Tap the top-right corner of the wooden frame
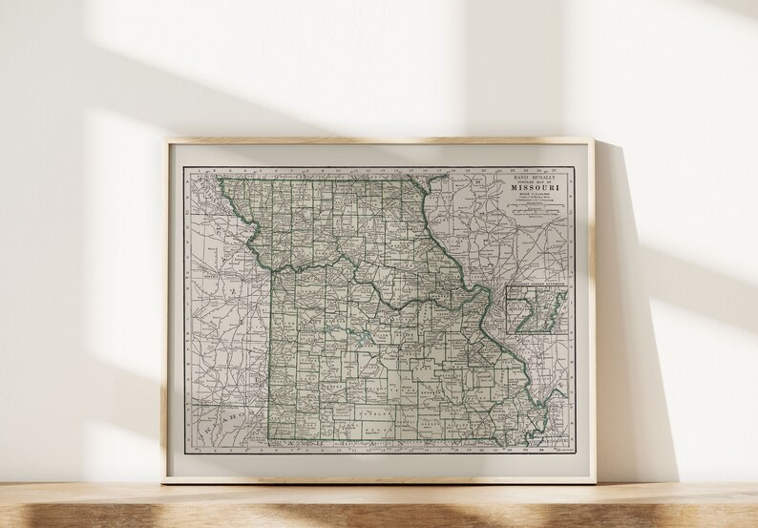pyautogui.click(x=594, y=140)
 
